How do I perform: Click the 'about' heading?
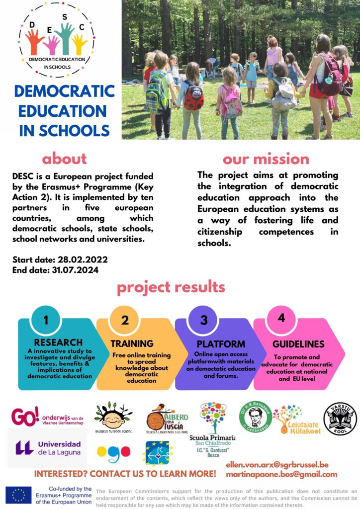pos(64,159)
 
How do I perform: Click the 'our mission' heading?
pos(266,159)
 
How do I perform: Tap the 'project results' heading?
pos(171,287)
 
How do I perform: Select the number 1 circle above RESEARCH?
pos(46,320)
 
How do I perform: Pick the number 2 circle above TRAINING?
pos(125,320)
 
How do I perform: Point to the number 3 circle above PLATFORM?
pos(204,320)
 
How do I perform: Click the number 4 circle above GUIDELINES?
pos(281,319)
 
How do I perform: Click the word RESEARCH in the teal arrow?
pos(58,342)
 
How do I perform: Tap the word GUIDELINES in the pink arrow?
pos(298,344)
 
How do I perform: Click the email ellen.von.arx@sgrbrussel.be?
pos(277,465)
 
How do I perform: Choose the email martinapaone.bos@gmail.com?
pos(281,474)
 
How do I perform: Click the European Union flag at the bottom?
pos(18,495)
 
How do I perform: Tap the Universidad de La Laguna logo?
pos(48,447)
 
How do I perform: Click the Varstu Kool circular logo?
pos(340,419)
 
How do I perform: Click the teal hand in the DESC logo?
pos(65,38)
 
